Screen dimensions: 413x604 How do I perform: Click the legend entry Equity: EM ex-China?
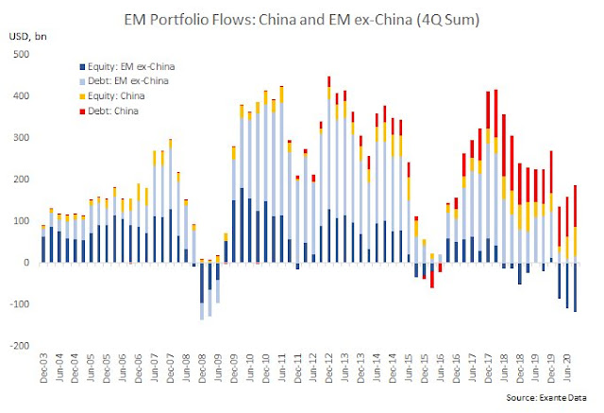(127, 67)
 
